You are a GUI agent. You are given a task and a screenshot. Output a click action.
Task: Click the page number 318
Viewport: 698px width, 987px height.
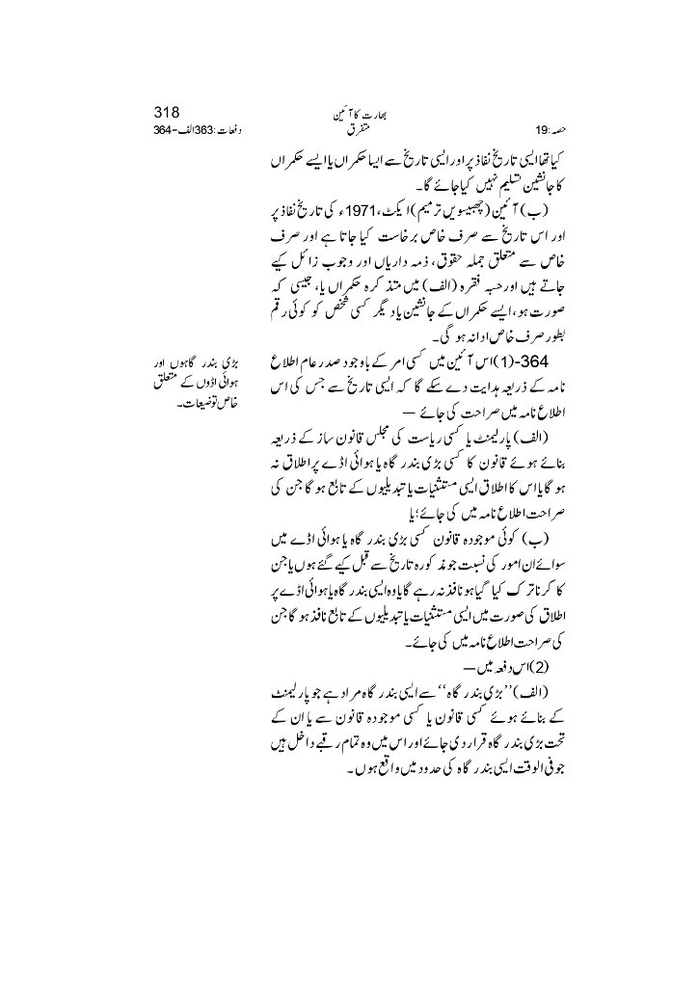click(x=170, y=110)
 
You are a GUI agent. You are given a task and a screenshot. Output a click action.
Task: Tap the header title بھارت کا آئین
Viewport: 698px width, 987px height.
click(x=347, y=112)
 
